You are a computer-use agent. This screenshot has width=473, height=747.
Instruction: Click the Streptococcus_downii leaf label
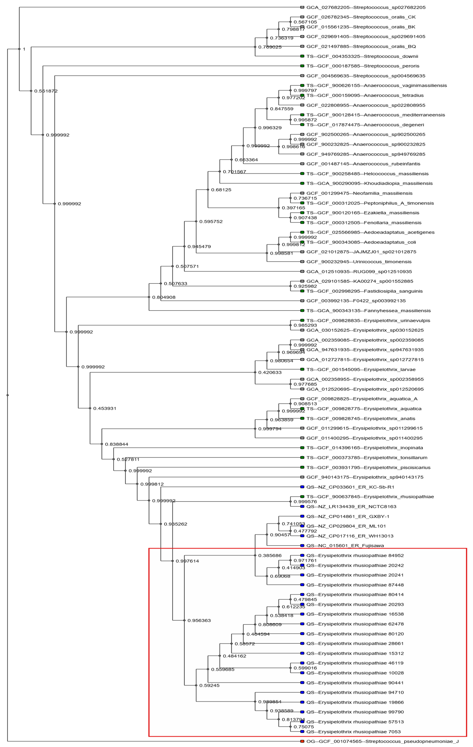click(362, 56)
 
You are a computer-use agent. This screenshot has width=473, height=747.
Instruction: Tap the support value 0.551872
click(46, 91)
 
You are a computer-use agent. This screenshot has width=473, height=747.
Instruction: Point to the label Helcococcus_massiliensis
click(367, 174)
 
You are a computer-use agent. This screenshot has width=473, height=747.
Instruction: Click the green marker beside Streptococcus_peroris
click(302, 66)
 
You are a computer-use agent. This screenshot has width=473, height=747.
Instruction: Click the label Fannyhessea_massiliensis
click(368, 311)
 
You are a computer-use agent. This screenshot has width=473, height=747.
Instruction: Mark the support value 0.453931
click(105, 408)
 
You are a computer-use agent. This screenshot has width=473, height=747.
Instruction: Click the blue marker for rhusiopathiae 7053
click(302, 731)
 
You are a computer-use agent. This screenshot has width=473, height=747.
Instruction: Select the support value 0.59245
click(209, 685)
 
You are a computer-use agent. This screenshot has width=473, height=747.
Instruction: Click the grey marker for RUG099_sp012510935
click(302, 271)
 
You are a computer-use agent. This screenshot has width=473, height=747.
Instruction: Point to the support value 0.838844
click(117, 444)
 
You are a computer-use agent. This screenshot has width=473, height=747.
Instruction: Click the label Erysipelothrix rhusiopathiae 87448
click(355, 585)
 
